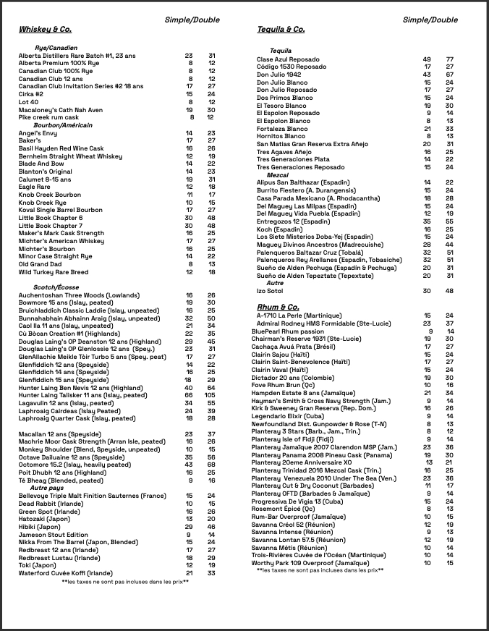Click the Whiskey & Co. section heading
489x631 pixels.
pos(45,30)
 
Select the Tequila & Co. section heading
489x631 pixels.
pos(281,30)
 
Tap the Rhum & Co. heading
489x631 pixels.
pos(278,308)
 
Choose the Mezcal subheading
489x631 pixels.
pos(278,175)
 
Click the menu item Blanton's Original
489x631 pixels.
pos(46,171)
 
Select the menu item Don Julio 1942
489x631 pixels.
pos(278,75)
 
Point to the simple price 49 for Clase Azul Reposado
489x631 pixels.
pos(427,59)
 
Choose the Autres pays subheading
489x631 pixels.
pos(46,488)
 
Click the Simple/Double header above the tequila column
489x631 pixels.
pos(430,20)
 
